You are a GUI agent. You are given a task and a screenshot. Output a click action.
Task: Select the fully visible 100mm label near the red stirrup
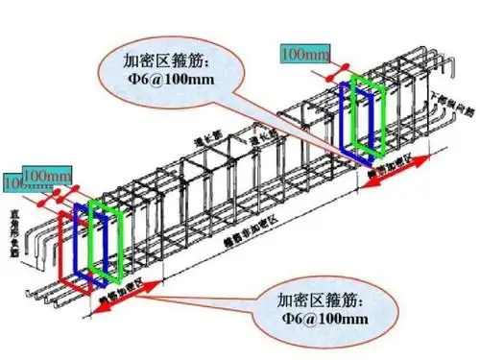tap(47, 175)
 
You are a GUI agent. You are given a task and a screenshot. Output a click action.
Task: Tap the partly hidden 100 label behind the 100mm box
tap(13, 183)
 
